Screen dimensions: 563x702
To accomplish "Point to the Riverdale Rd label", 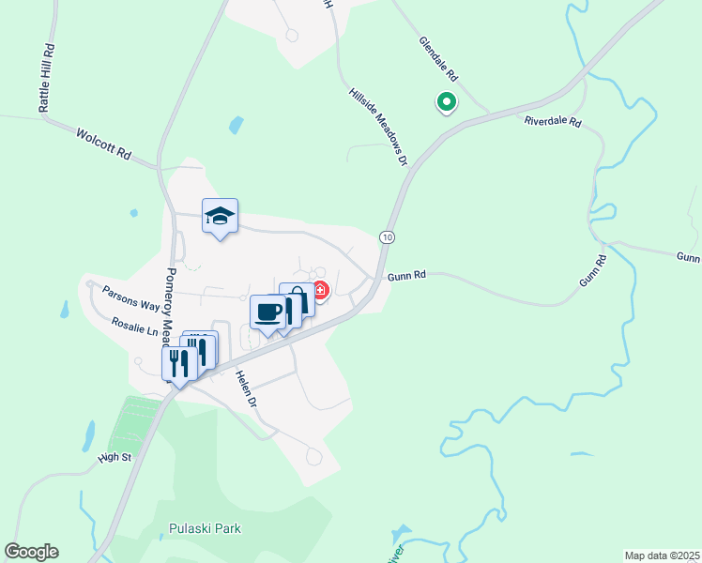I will [553, 122].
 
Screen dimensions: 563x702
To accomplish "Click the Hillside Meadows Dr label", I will [378, 128].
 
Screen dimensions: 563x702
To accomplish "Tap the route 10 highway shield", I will [386, 236].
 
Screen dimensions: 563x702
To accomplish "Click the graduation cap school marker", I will [220, 217].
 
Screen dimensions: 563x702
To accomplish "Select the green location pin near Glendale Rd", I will [446, 102].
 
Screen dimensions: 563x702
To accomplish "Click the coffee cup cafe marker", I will [267, 312].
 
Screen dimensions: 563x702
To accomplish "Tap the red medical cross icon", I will [320, 291].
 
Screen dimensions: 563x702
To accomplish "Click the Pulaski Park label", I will [205, 528].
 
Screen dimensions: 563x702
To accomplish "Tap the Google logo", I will [31, 552].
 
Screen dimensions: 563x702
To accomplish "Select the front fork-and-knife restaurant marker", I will [178, 363].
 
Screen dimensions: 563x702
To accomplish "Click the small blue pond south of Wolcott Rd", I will [236, 125].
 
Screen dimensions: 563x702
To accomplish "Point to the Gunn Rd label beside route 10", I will [407, 275].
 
